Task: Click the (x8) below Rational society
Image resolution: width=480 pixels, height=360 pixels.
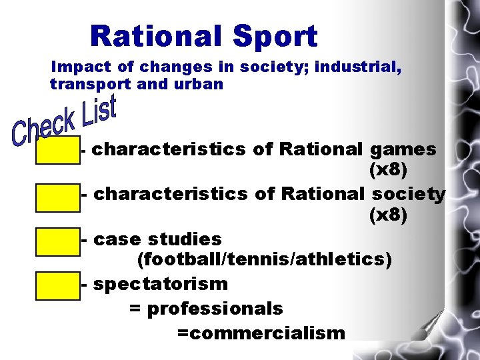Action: (x=388, y=216)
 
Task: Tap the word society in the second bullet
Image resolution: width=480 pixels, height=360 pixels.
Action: (x=409, y=194)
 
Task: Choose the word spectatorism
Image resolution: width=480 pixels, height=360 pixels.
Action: (x=161, y=284)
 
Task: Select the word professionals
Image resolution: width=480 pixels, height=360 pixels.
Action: (x=215, y=309)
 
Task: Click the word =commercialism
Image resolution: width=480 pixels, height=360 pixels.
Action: (x=261, y=333)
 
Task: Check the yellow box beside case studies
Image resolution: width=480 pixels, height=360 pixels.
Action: (x=58, y=241)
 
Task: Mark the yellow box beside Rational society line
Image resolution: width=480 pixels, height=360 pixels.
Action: (x=58, y=196)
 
